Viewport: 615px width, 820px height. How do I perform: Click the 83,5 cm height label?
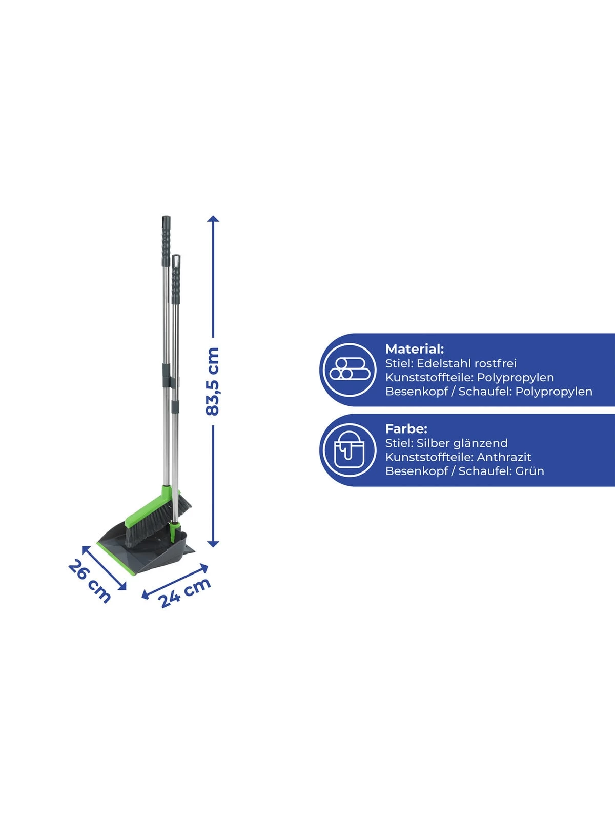pyautogui.click(x=213, y=381)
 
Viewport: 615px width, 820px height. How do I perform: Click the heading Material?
pyautogui.click(x=415, y=349)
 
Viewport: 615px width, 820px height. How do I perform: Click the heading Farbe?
pyautogui.click(x=406, y=428)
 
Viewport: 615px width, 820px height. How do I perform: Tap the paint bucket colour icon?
pyautogui.click(x=349, y=449)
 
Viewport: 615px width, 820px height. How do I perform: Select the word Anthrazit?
pyautogui.click(x=504, y=457)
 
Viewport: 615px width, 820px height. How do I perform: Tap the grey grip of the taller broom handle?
pyautogui.click(x=166, y=241)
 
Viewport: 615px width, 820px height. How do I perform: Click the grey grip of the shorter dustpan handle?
pyautogui.click(x=175, y=279)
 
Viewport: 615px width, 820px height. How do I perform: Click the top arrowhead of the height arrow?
pyautogui.click(x=213, y=219)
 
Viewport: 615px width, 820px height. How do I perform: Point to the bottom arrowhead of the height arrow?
pyautogui.click(x=213, y=544)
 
